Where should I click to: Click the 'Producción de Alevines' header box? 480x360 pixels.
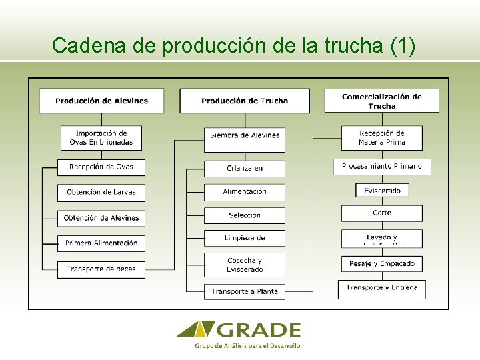tap(101, 101)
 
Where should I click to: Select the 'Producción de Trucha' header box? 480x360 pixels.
tap(245, 101)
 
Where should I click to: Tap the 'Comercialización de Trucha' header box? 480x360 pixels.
tap(381, 101)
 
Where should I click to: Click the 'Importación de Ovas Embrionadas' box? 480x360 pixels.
tap(101, 137)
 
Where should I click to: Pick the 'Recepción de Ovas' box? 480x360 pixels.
tap(101, 167)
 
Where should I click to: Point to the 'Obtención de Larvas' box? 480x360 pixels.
tap(101, 192)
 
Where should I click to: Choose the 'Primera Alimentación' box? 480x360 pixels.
tap(101, 243)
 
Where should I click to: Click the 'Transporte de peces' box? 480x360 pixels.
tap(101, 269)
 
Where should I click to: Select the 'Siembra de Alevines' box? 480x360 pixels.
tap(245, 135)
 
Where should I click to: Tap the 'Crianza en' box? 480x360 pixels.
tap(245, 168)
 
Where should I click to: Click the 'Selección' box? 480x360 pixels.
tap(245, 215)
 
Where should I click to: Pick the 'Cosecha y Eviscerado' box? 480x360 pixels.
tap(245, 265)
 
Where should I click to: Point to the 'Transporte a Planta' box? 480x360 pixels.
tap(245, 291)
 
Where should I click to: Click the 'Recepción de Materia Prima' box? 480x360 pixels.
tap(381, 137)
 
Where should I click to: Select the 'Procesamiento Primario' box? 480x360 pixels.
tap(381, 166)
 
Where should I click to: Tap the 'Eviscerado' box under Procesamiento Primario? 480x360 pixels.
tap(382, 191)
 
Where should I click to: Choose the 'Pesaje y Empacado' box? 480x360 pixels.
tap(381, 264)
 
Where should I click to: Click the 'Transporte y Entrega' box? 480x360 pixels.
tap(381, 288)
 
